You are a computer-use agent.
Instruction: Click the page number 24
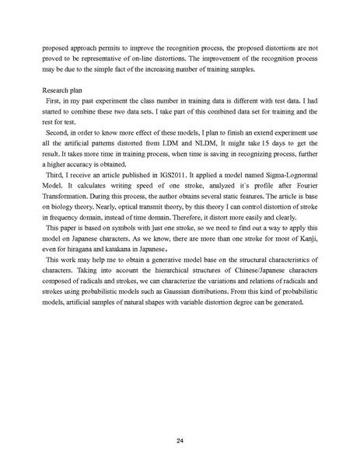pos(180,419)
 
